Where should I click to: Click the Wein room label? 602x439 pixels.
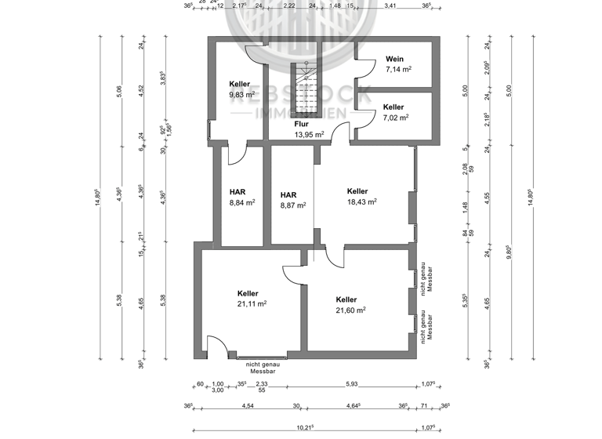pyautogui.click(x=395, y=58)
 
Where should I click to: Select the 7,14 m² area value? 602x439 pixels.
pyautogui.click(x=398, y=69)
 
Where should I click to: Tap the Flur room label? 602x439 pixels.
pyautogui.click(x=301, y=124)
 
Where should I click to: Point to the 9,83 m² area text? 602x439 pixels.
pyautogui.click(x=242, y=95)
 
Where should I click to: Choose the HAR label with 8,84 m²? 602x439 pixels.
pyautogui.click(x=238, y=191)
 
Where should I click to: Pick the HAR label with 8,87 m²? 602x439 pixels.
pyautogui.click(x=288, y=195)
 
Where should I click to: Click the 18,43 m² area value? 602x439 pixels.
pyautogui.click(x=362, y=201)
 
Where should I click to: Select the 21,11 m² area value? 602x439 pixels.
pyautogui.click(x=252, y=304)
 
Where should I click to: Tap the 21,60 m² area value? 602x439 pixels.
pyautogui.click(x=350, y=310)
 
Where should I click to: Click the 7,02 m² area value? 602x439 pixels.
pyautogui.click(x=396, y=118)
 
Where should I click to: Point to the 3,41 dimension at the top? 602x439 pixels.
pyautogui.click(x=390, y=5)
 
